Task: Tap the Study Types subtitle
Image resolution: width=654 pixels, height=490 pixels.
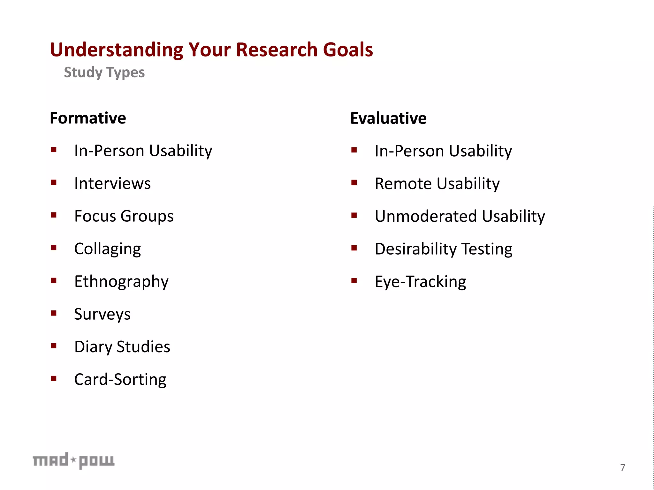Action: pos(104,72)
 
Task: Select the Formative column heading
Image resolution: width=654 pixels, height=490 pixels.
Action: pos(88,118)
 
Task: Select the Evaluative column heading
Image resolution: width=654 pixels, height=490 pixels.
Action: pos(388,118)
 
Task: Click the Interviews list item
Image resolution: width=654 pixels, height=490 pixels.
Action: pos(112,184)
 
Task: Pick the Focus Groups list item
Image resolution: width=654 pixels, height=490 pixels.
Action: pos(124,217)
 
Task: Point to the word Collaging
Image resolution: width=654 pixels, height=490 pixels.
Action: pos(107,249)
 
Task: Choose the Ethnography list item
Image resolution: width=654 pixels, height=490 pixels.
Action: pos(121,282)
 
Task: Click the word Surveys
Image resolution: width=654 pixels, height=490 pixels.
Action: pos(102,315)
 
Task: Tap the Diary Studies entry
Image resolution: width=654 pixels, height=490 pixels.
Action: pos(122,347)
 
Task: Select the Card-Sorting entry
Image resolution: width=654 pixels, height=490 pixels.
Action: pos(120,380)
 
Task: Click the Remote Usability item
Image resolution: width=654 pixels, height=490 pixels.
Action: pos(437,184)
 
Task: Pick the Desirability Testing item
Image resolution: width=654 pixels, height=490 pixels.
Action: pos(443,249)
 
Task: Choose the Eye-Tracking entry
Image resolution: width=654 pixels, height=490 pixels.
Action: pos(420,282)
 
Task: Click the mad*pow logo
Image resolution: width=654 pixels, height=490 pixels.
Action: pos(73,461)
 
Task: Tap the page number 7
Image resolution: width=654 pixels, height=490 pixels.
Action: pos(623,467)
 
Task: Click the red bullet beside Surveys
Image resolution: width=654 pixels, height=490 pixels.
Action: pos(54,313)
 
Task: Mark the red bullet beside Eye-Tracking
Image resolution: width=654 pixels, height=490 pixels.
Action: pos(354,281)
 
